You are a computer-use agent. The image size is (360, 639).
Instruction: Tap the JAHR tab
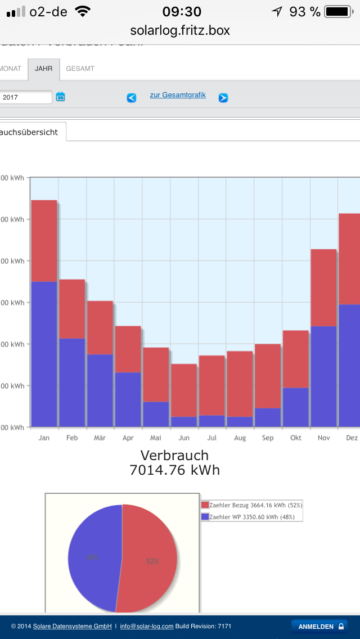pyautogui.click(x=43, y=69)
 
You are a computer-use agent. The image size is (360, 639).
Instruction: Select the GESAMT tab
pyautogui.click(x=80, y=69)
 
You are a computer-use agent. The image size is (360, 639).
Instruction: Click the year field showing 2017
pyautogui.click(x=26, y=97)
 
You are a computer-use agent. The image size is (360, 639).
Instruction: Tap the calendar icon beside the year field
pyautogui.click(x=60, y=97)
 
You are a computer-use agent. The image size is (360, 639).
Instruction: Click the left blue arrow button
pyautogui.click(x=132, y=98)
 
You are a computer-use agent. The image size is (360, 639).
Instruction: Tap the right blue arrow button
pyautogui.click(x=223, y=98)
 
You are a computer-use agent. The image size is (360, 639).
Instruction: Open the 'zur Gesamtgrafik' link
pyautogui.click(x=178, y=95)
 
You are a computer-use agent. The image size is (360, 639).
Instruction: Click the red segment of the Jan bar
pyautogui.click(x=44, y=241)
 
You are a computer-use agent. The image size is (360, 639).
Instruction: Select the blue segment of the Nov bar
pyautogui.click(x=323, y=376)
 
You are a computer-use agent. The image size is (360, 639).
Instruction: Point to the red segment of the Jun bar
pyautogui.click(x=184, y=390)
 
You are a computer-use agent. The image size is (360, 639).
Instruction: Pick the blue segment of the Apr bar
pyautogui.click(x=128, y=399)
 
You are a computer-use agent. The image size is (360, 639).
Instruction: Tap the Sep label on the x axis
pyautogui.click(x=268, y=438)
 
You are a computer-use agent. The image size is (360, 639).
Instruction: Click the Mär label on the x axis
pyautogui.click(x=100, y=438)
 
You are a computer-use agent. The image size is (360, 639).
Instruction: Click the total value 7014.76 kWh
pyautogui.click(x=174, y=470)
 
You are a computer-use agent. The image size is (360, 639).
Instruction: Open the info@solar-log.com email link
pyautogui.click(x=146, y=626)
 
